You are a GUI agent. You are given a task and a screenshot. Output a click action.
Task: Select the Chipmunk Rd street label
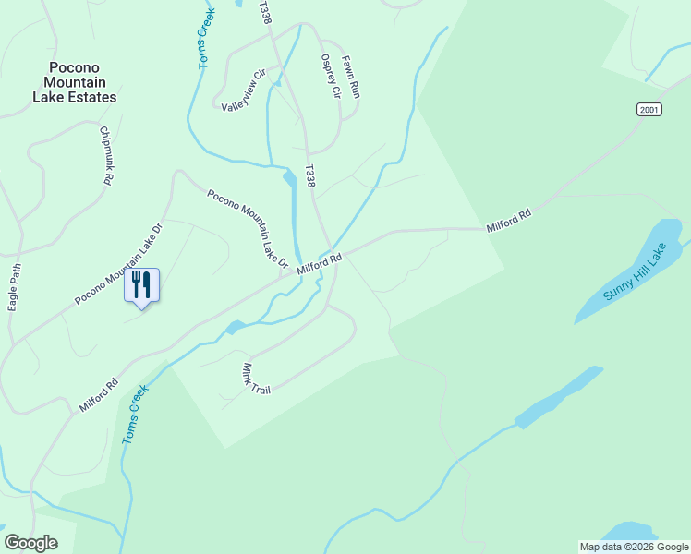[106, 157]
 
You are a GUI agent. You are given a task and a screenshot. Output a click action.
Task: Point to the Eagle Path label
[14, 287]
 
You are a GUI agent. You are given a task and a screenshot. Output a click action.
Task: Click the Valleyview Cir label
[244, 90]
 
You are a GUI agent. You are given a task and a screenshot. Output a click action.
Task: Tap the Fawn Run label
[350, 77]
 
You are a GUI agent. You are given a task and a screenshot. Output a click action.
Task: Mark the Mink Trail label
[256, 379]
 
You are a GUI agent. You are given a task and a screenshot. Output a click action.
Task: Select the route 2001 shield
[650, 110]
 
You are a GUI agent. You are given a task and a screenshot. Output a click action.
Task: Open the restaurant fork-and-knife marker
[141, 284]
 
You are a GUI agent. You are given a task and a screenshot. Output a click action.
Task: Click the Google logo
[30, 543]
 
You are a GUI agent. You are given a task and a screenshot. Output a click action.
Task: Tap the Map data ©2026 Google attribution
[634, 547]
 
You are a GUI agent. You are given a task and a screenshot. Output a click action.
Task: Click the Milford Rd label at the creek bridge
[320, 264]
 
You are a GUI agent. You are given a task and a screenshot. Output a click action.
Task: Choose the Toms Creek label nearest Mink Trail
[135, 415]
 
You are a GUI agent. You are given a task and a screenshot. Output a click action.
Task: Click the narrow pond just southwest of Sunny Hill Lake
[559, 397]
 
